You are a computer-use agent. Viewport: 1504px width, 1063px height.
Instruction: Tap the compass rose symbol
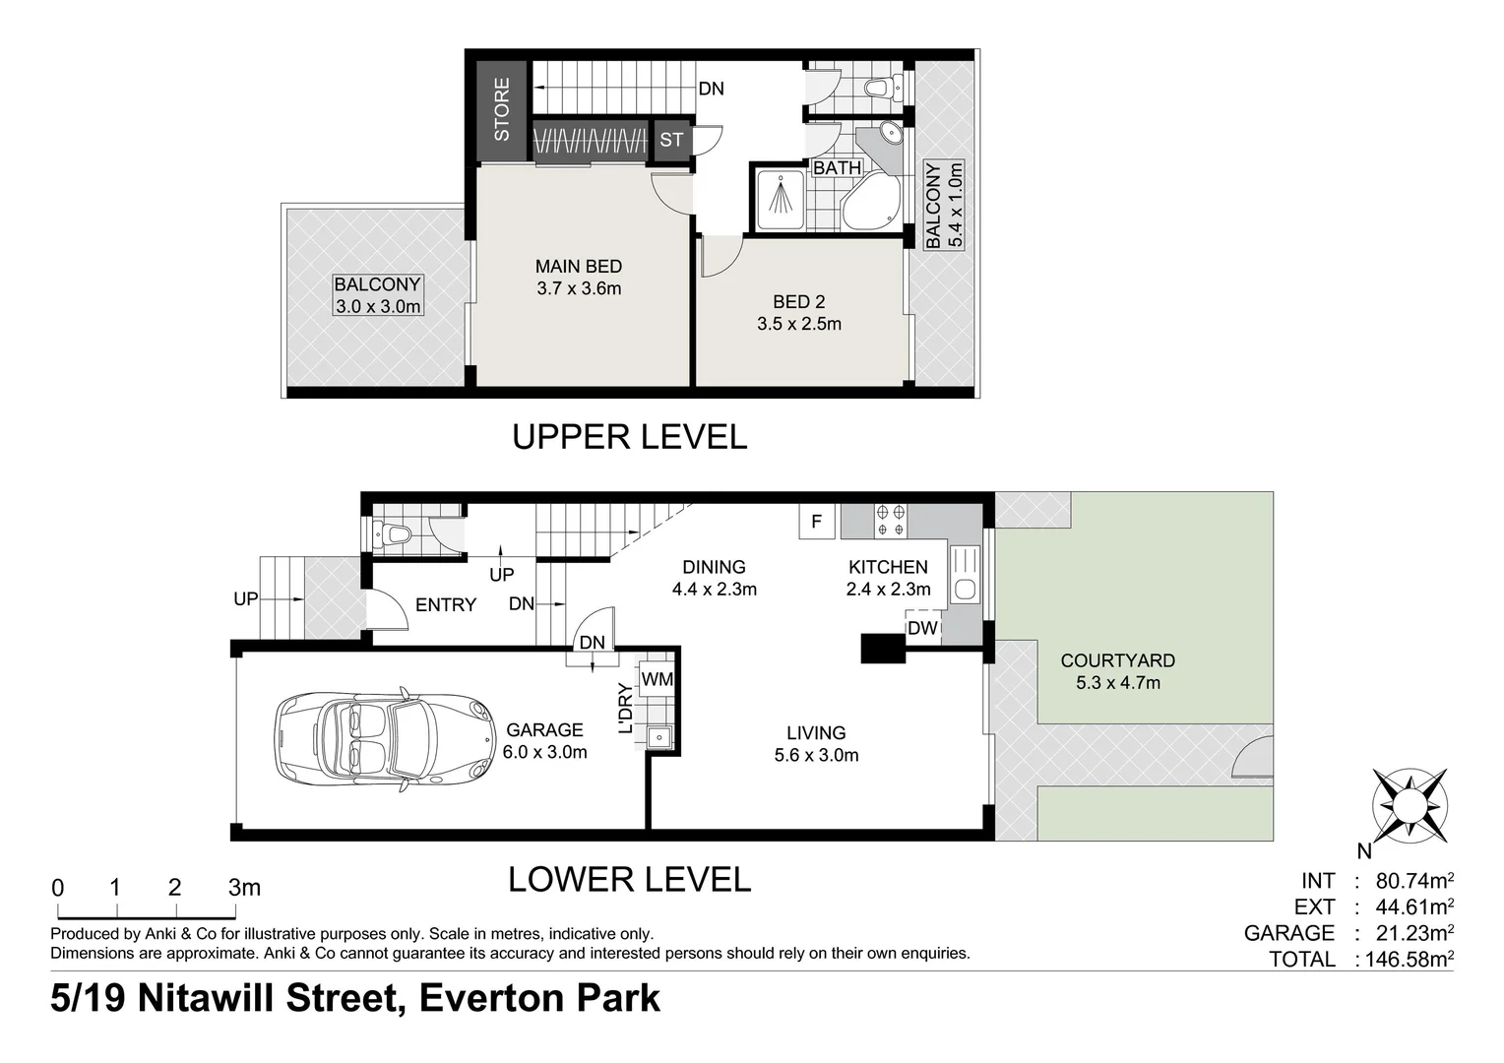click(1410, 805)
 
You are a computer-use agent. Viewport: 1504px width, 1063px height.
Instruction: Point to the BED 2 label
click(799, 301)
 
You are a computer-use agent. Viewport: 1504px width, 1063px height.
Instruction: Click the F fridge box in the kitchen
click(816, 521)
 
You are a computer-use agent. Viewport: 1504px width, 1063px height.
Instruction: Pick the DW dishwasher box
click(922, 628)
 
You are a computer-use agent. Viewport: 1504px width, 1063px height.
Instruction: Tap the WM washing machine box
click(657, 679)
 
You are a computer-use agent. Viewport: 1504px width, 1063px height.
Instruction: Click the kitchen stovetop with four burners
click(891, 521)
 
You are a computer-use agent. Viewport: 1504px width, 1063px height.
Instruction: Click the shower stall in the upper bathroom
click(781, 200)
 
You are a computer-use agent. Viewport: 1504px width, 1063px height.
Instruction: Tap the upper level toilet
click(884, 88)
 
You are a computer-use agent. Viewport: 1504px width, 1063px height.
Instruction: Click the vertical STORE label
click(502, 109)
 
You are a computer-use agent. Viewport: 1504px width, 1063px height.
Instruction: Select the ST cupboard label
click(671, 140)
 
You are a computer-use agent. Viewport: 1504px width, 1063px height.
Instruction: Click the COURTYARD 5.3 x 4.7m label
click(1118, 671)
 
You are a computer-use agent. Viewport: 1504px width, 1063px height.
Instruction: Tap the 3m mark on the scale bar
click(244, 888)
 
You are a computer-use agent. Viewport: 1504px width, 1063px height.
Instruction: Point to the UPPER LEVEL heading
click(629, 437)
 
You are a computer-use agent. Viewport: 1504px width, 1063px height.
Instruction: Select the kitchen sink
click(965, 574)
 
